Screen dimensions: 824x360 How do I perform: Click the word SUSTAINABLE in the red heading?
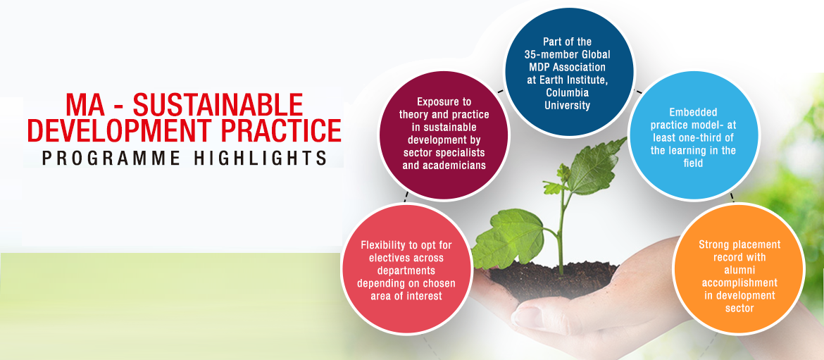tap(218, 104)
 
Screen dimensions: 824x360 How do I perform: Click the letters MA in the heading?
tap(85, 104)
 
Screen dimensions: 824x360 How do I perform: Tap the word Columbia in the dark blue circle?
tap(570, 93)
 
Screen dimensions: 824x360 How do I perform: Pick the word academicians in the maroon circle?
tap(456, 165)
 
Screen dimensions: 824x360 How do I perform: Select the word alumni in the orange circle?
tap(739, 270)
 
